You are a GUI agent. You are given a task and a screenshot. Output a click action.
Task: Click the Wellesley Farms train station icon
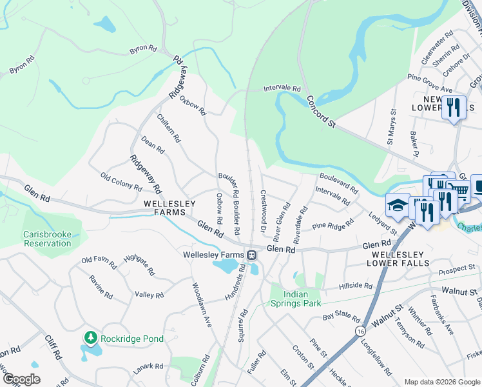[x=252, y=255]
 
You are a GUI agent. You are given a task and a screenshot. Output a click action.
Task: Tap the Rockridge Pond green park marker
[x=91, y=337]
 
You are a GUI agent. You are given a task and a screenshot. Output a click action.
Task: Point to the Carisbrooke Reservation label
[x=46, y=239]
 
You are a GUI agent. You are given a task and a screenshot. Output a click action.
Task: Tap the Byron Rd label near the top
[x=143, y=48]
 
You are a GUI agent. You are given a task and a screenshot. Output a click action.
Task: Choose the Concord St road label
[x=322, y=112]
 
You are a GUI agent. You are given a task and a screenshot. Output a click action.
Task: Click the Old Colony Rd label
[x=121, y=181]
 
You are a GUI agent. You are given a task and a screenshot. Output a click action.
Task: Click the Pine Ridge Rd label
[x=333, y=226]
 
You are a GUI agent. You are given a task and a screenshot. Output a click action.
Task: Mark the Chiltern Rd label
[x=169, y=128]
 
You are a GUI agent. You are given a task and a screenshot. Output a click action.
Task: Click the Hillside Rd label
[x=356, y=286]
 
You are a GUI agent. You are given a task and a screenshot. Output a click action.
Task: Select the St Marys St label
[x=390, y=126]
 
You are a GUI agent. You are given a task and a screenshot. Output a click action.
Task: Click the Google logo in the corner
[x=21, y=379]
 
